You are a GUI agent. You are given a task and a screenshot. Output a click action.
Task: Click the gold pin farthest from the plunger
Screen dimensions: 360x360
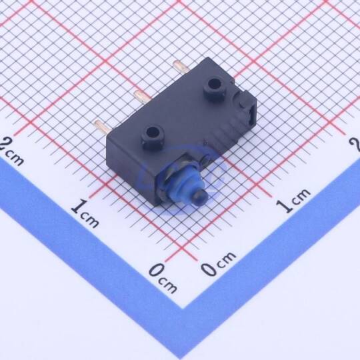181,66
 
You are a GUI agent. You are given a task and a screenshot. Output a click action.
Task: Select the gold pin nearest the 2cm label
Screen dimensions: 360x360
101,125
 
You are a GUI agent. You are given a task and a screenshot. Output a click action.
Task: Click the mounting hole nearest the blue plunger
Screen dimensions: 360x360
152,132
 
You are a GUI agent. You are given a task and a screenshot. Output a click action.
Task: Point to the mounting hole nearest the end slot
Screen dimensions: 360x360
213,85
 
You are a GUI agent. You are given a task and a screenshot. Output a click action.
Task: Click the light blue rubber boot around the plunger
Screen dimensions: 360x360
181,182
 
